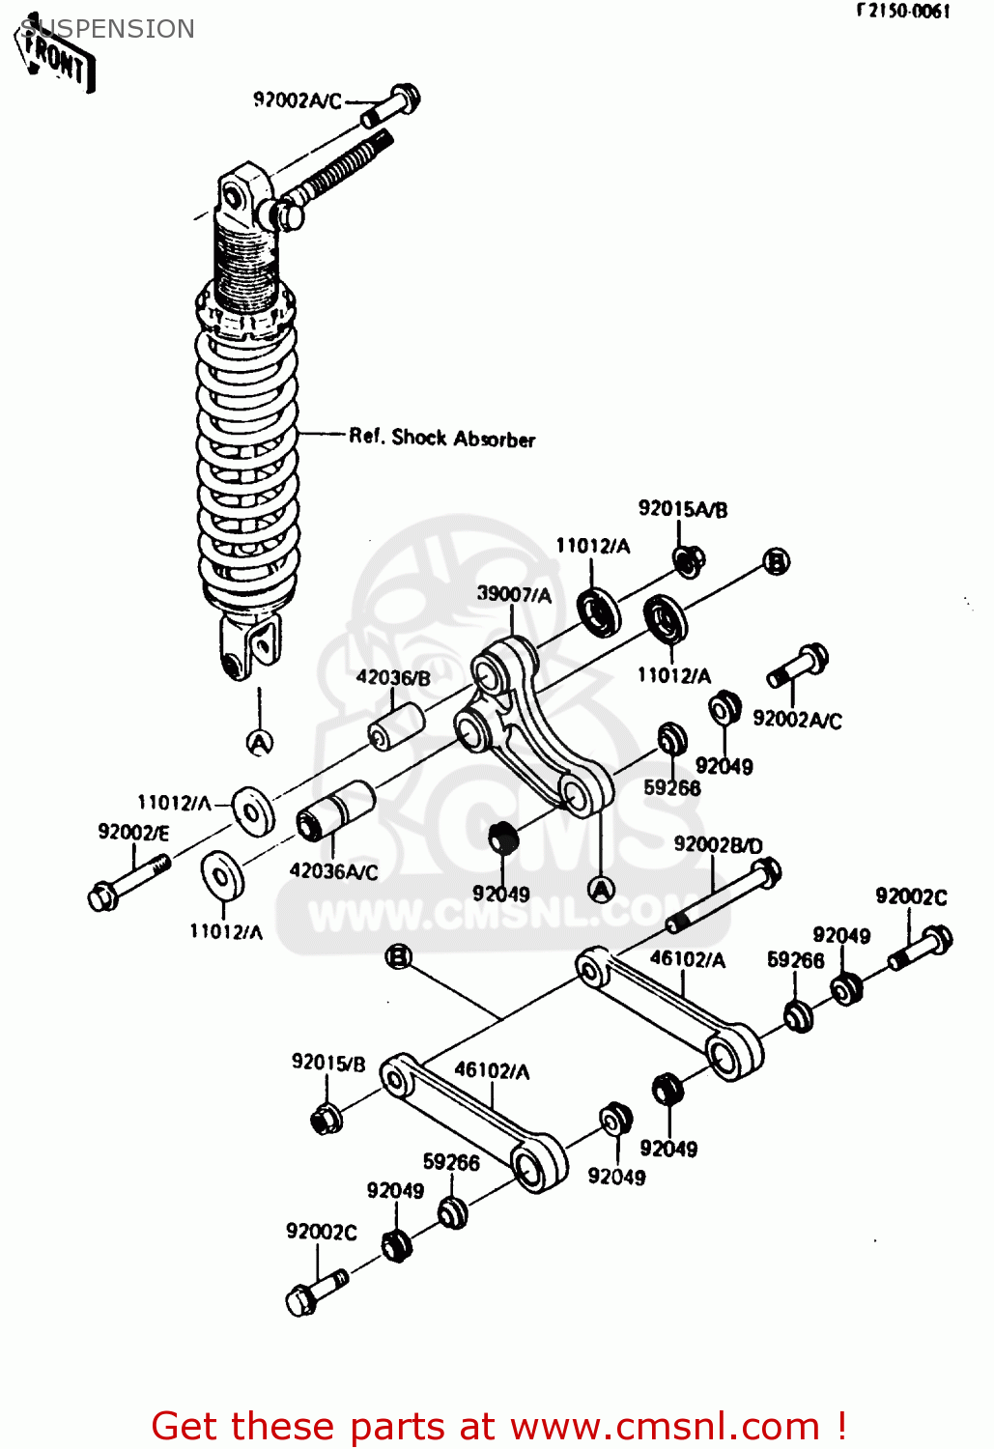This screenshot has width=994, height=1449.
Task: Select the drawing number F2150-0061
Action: click(x=903, y=12)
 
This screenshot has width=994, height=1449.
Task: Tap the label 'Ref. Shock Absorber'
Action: click(x=441, y=438)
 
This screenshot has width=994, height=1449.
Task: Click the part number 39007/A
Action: click(x=514, y=594)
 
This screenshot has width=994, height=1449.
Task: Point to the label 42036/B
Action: click(x=392, y=677)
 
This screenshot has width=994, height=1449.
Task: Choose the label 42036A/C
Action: click(x=333, y=871)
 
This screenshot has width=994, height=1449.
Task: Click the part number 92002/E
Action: click(x=133, y=832)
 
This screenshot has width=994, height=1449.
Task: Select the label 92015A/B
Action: click(x=682, y=509)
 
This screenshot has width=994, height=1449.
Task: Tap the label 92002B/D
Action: click(x=718, y=844)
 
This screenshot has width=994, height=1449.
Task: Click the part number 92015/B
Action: click(x=328, y=1063)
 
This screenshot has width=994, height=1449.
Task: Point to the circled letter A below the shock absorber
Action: click(x=259, y=742)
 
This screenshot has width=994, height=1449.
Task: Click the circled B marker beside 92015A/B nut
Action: click(x=776, y=561)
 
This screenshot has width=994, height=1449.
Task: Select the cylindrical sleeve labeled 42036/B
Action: click(x=398, y=727)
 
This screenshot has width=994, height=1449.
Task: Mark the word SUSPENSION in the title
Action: click(x=107, y=29)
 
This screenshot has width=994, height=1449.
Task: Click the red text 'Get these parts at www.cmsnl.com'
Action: click(x=498, y=1426)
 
